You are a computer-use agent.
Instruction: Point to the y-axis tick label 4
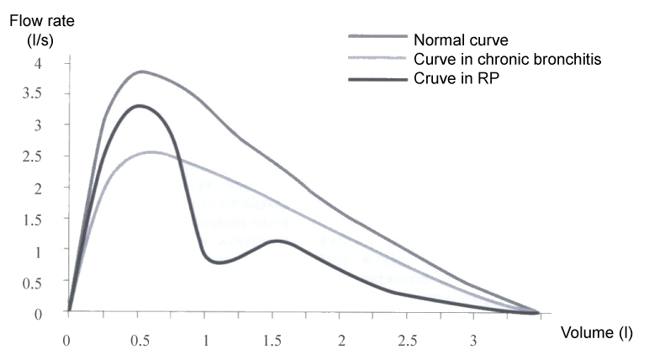pos(39,63)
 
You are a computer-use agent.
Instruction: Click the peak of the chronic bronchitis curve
pos(151,152)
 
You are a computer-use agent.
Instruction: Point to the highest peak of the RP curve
pos(139,105)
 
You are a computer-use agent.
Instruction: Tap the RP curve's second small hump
pos(276,241)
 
